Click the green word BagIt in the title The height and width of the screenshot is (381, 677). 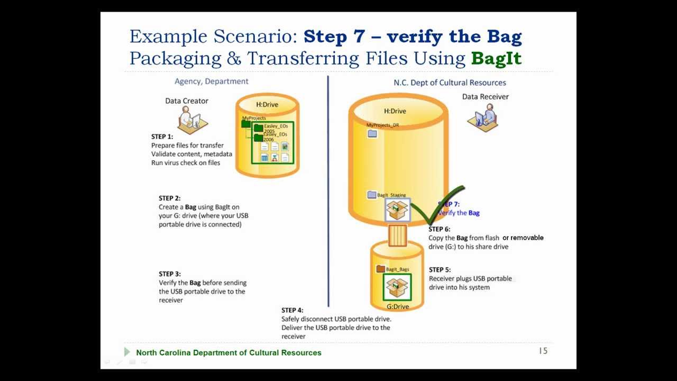click(x=496, y=58)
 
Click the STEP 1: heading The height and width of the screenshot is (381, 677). click(x=162, y=137)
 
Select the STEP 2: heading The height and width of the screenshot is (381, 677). click(x=169, y=198)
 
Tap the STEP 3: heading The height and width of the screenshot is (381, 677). click(x=169, y=274)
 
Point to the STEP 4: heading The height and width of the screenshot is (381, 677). click(x=292, y=310)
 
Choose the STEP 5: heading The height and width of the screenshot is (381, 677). click(x=440, y=270)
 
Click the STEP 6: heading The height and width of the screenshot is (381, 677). click(x=439, y=229)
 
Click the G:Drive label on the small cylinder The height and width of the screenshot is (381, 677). click(x=397, y=306)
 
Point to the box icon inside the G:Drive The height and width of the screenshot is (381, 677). click(x=397, y=287)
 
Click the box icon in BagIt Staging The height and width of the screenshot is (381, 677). click(x=397, y=210)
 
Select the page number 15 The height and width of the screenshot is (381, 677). click(x=543, y=351)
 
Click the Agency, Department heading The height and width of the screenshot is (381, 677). click(x=211, y=81)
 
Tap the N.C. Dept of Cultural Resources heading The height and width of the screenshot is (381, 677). click(x=450, y=83)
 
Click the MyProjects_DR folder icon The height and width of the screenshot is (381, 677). click(x=372, y=134)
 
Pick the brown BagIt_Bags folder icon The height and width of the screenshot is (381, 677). click(x=380, y=269)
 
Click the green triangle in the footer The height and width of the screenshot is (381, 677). click(x=127, y=352)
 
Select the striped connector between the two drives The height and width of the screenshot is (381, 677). click(x=397, y=235)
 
